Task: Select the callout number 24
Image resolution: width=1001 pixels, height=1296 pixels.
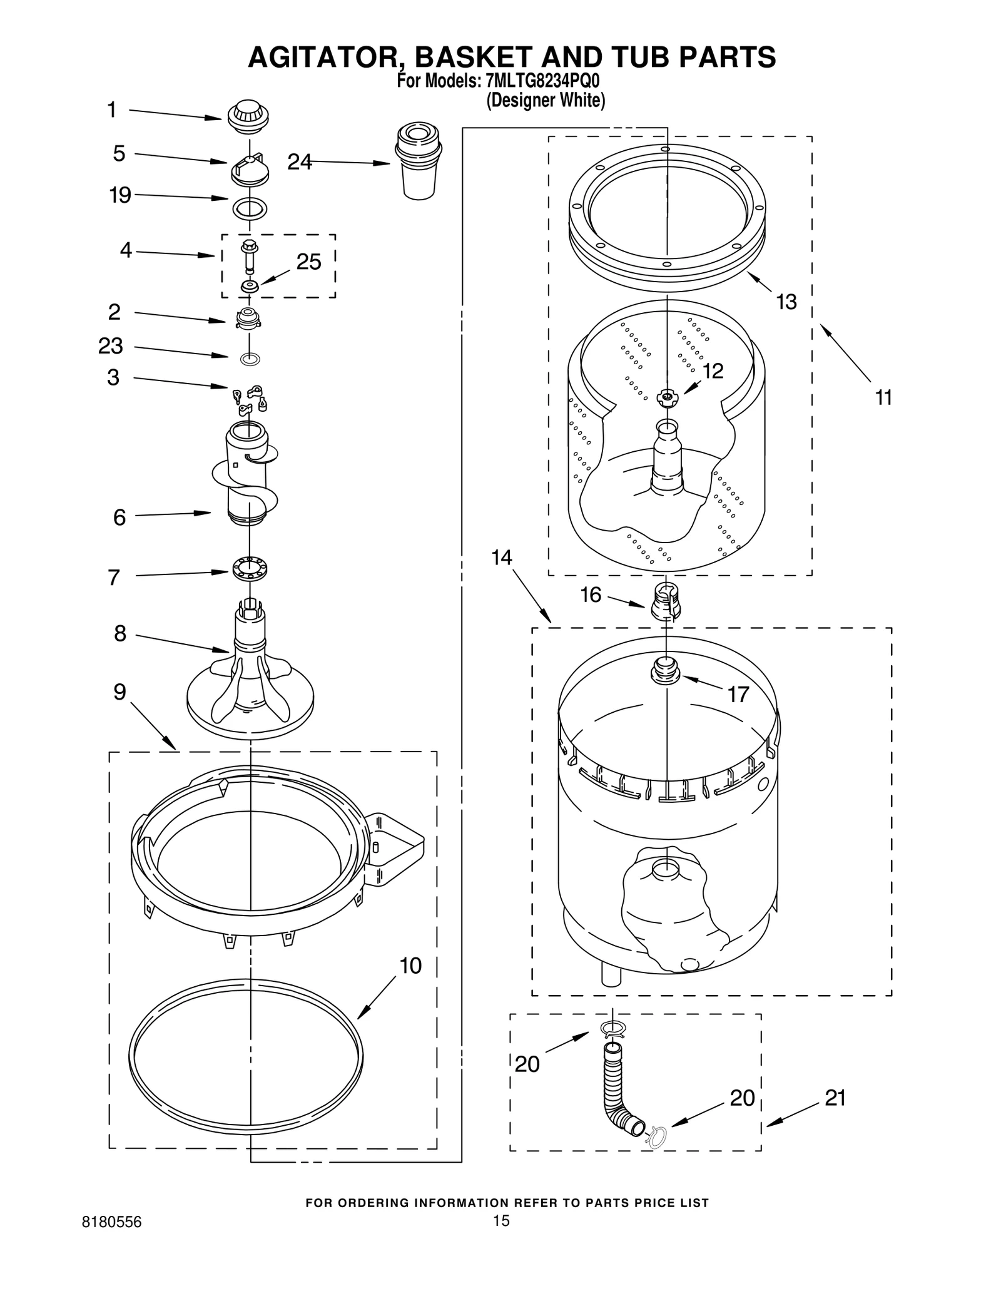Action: tap(299, 162)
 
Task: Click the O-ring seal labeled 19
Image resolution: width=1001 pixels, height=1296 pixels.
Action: tap(250, 208)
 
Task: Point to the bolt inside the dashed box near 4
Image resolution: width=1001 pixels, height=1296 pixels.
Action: tap(249, 255)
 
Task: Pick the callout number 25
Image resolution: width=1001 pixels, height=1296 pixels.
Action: tap(308, 262)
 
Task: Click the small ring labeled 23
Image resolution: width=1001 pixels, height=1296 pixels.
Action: tap(250, 359)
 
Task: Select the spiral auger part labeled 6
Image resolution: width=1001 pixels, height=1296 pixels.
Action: tap(248, 476)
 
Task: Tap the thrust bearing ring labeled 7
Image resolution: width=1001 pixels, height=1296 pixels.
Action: tap(250, 568)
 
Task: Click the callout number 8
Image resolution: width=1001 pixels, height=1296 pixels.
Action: tap(120, 634)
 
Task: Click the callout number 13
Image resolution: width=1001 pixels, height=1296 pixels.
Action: tap(786, 302)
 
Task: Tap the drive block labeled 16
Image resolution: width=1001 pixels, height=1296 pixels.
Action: tap(666, 602)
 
